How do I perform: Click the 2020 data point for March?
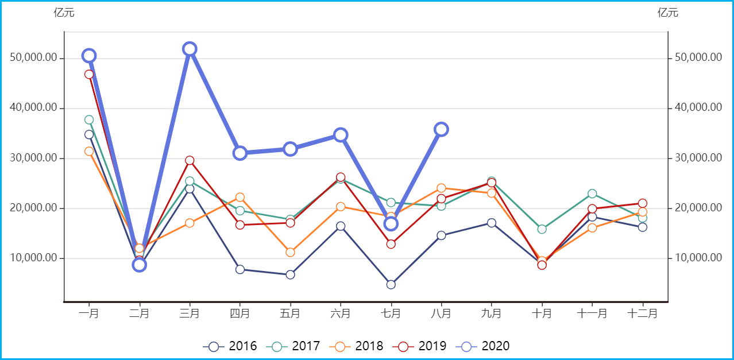tap(190, 49)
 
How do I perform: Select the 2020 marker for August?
tap(441, 129)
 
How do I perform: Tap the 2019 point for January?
tap(89, 74)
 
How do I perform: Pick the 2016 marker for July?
tap(391, 285)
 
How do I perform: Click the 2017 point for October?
tap(542, 229)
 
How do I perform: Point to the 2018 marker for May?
tap(290, 252)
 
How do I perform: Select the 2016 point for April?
tap(240, 269)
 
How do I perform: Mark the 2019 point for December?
tap(642, 203)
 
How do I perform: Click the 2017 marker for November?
tap(592, 193)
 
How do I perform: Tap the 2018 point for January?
tap(89, 152)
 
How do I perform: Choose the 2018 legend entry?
tap(356, 346)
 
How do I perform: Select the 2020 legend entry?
tap(482, 346)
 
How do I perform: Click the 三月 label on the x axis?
tap(190, 313)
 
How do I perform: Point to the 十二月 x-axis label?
tap(642, 313)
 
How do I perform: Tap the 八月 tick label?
tap(441, 313)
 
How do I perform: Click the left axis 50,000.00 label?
tap(34, 58)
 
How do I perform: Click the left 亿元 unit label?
tap(64, 13)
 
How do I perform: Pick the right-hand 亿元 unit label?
tap(668, 13)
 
